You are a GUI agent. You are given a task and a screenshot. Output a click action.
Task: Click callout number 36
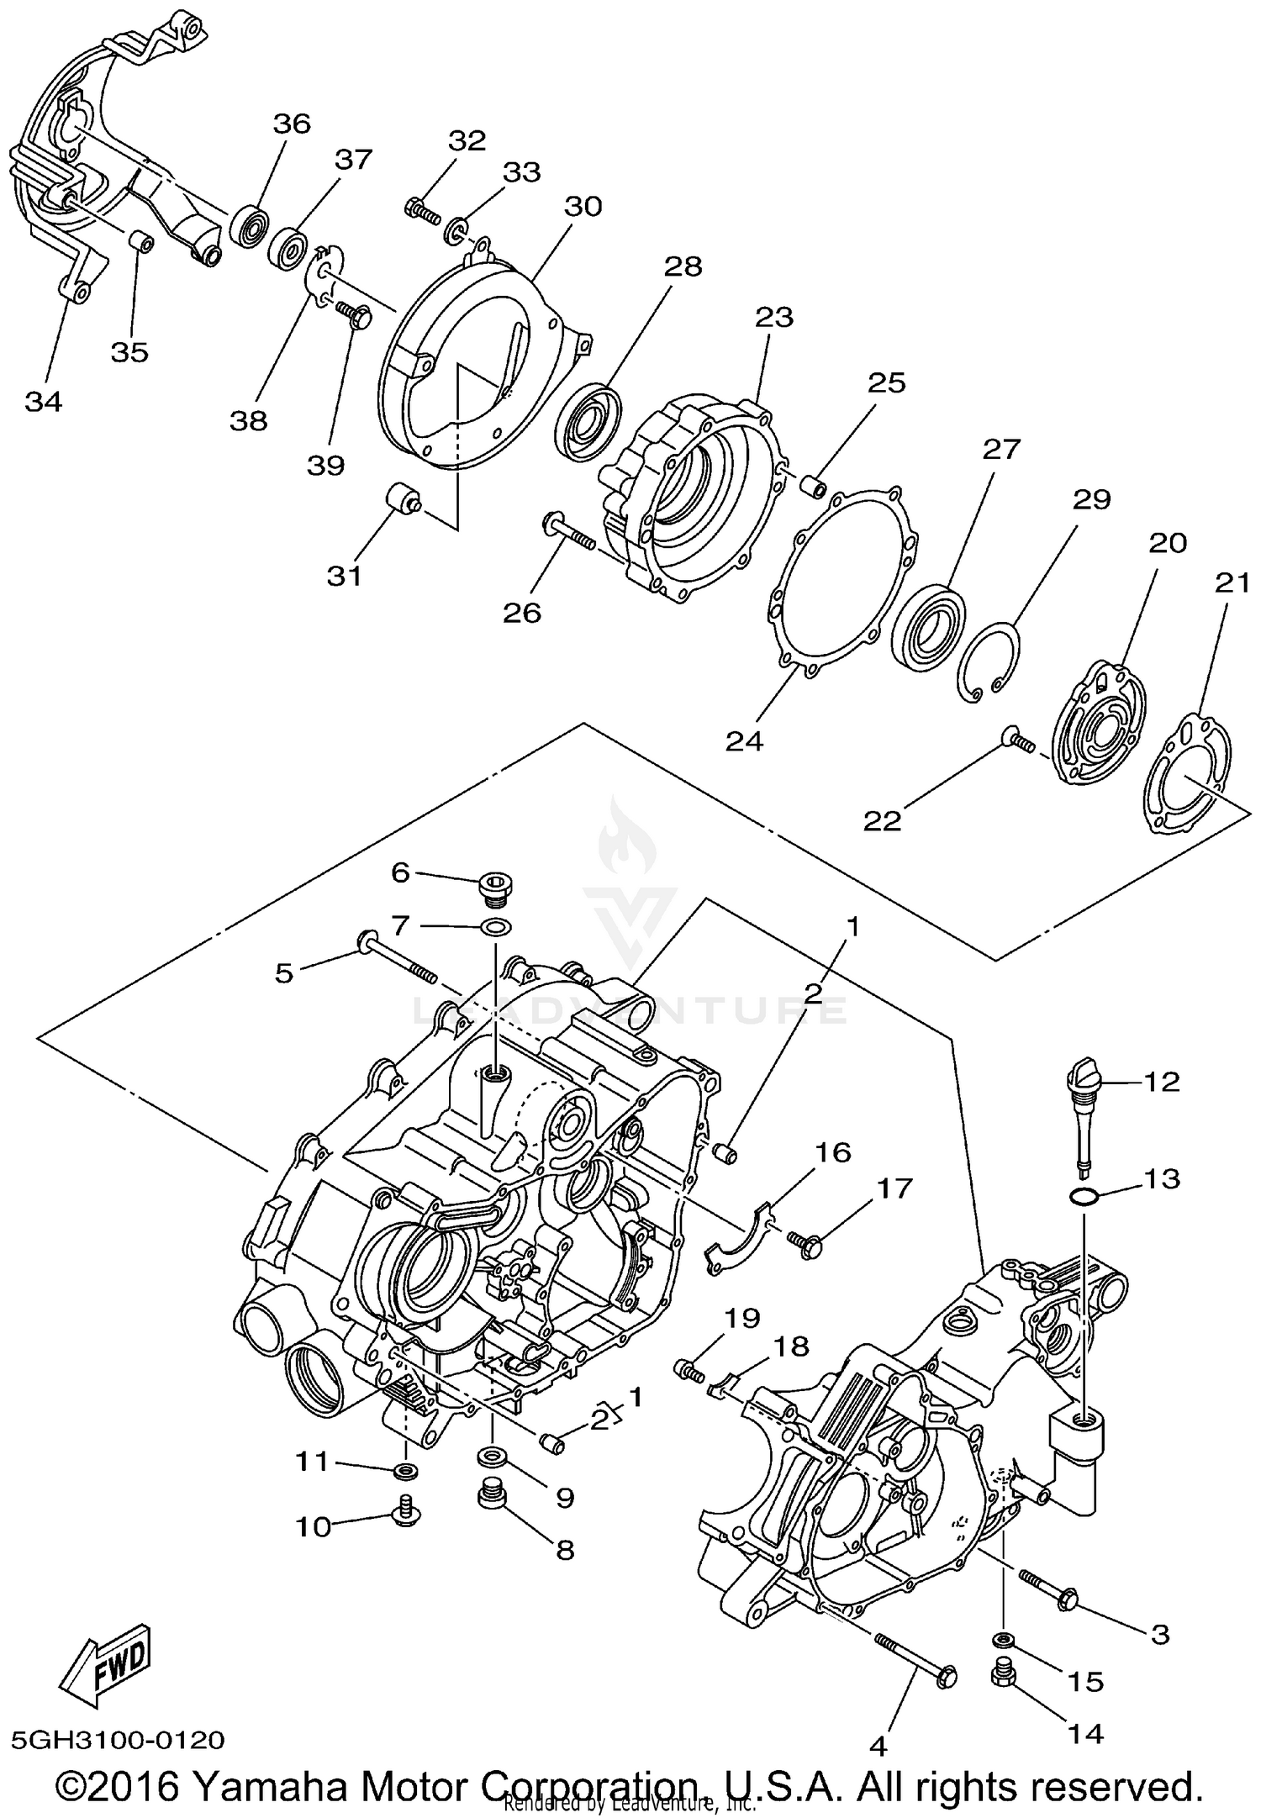292,124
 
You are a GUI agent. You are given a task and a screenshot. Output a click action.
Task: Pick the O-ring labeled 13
1084,1196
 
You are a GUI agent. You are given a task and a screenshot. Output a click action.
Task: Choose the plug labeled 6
493,888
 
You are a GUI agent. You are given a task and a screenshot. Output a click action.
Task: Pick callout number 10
314,1526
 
